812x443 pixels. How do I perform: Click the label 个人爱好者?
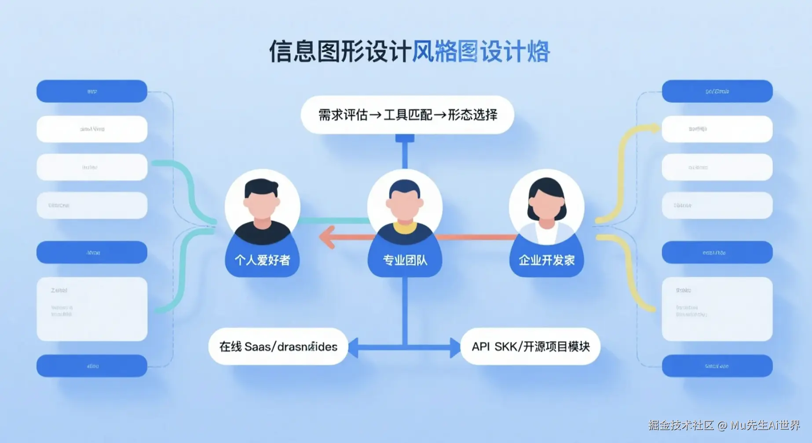pyautogui.click(x=262, y=260)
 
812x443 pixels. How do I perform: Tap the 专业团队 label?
pyautogui.click(x=405, y=260)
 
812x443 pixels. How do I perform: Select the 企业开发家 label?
pyautogui.click(x=547, y=260)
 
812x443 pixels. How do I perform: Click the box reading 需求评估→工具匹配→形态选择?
pyautogui.click(x=407, y=115)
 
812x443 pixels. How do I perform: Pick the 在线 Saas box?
pyautogui.click(x=278, y=347)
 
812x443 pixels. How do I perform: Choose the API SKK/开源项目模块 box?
pyautogui.click(x=530, y=347)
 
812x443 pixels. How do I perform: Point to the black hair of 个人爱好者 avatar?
pyautogui.click(x=261, y=187)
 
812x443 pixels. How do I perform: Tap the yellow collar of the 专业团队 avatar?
pyautogui.click(x=405, y=227)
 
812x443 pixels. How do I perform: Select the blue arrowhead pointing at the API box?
pyautogui.click(x=455, y=347)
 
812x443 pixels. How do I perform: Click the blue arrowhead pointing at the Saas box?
pyautogui.click(x=353, y=347)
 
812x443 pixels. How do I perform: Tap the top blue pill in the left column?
pyautogui.click(x=92, y=91)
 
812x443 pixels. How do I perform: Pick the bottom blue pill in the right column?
pyautogui.click(x=717, y=366)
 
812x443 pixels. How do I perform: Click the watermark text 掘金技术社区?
pyautogui.click(x=680, y=425)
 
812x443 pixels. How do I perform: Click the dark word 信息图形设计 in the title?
pyautogui.click(x=340, y=52)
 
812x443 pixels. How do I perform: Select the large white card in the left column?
pyautogui.click(x=92, y=309)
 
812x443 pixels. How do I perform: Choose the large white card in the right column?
pyautogui.click(x=717, y=309)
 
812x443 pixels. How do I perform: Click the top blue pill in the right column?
pyautogui.click(x=717, y=91)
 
